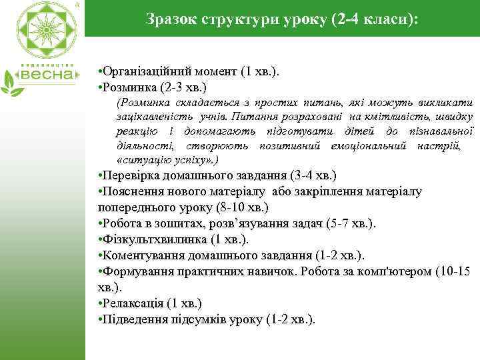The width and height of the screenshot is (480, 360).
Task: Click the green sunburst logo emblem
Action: (x=43, y=33)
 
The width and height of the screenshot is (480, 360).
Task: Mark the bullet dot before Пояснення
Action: (x=99, y=192)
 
